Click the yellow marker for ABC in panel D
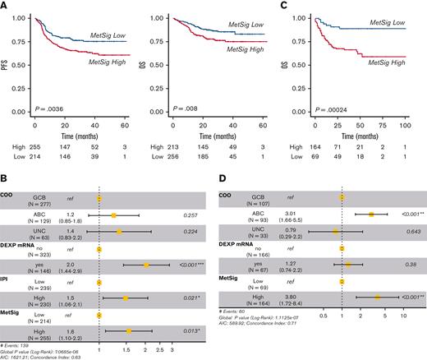371,214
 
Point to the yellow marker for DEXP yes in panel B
146,265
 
